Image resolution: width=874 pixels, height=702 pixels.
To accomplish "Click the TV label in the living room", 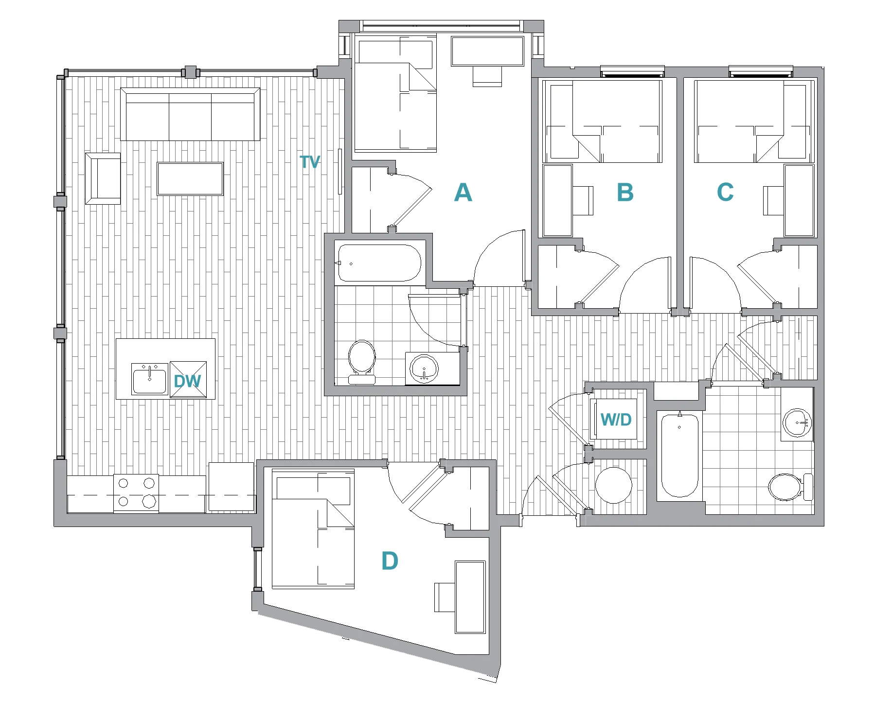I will pos(310,162).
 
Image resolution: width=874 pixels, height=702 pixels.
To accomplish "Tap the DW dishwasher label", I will pos(187,381).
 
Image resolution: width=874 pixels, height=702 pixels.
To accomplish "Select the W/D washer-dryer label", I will pos(616,419).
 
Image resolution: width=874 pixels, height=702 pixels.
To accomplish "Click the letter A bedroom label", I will pos(463,193).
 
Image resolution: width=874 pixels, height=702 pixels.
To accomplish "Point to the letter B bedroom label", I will pos(625,192).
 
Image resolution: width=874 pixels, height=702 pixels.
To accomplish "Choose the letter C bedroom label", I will pos(725,192).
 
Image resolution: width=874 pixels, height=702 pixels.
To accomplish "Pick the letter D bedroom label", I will pos(390,561).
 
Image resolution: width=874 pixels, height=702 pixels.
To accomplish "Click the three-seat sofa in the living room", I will pos(190,115).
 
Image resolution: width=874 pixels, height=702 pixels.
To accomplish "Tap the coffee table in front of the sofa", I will pos(190,179).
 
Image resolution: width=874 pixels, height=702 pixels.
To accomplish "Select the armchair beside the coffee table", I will pos(103,178).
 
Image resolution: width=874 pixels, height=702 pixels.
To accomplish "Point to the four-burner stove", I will pos(136,492).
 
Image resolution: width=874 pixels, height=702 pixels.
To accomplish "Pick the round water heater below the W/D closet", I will pos(614,485).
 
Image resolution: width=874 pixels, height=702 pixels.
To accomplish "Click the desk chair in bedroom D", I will pos(444,597).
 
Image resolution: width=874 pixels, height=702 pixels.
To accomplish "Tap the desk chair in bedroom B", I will pos(584,200).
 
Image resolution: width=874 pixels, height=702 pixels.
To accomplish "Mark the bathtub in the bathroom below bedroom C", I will pos(679,455).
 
